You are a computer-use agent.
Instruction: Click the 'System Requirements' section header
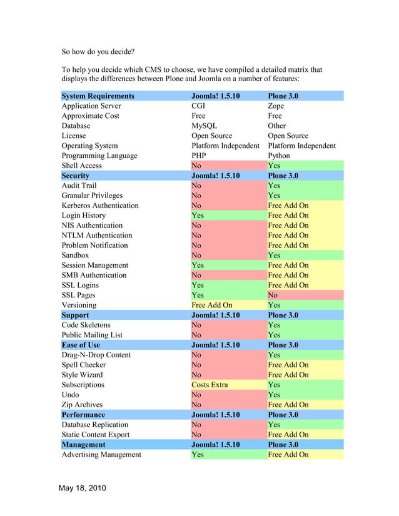(98, 96)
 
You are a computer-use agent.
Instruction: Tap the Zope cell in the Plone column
(276, 106)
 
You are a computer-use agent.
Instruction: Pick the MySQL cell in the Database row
(205, 126)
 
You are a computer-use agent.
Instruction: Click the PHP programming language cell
(200, 156)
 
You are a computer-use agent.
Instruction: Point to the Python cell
(279, 156)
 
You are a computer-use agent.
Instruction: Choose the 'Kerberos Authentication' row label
(100, 206)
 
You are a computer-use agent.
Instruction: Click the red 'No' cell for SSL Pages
(273, 295)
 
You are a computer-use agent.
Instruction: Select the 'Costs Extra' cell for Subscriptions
(210, 385)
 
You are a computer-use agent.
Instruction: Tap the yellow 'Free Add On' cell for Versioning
(211, 305)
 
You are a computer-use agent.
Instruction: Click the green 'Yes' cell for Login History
(198, 216)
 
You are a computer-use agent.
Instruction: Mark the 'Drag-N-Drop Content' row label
(96, 355)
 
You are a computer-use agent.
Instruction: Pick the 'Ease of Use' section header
(81, 345)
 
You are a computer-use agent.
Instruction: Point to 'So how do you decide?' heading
(98, 52)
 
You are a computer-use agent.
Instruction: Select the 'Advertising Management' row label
(101, 454)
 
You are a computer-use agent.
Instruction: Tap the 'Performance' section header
(83, 415)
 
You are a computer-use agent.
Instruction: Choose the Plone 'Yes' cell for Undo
(274, 395)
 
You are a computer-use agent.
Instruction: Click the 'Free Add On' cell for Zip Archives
(288, 405)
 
